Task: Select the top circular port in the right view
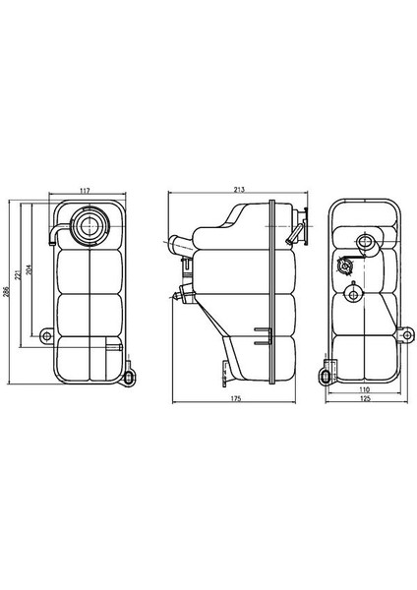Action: point(366,241)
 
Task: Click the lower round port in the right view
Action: point(353,291)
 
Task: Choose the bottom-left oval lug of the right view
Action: point(326,374)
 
